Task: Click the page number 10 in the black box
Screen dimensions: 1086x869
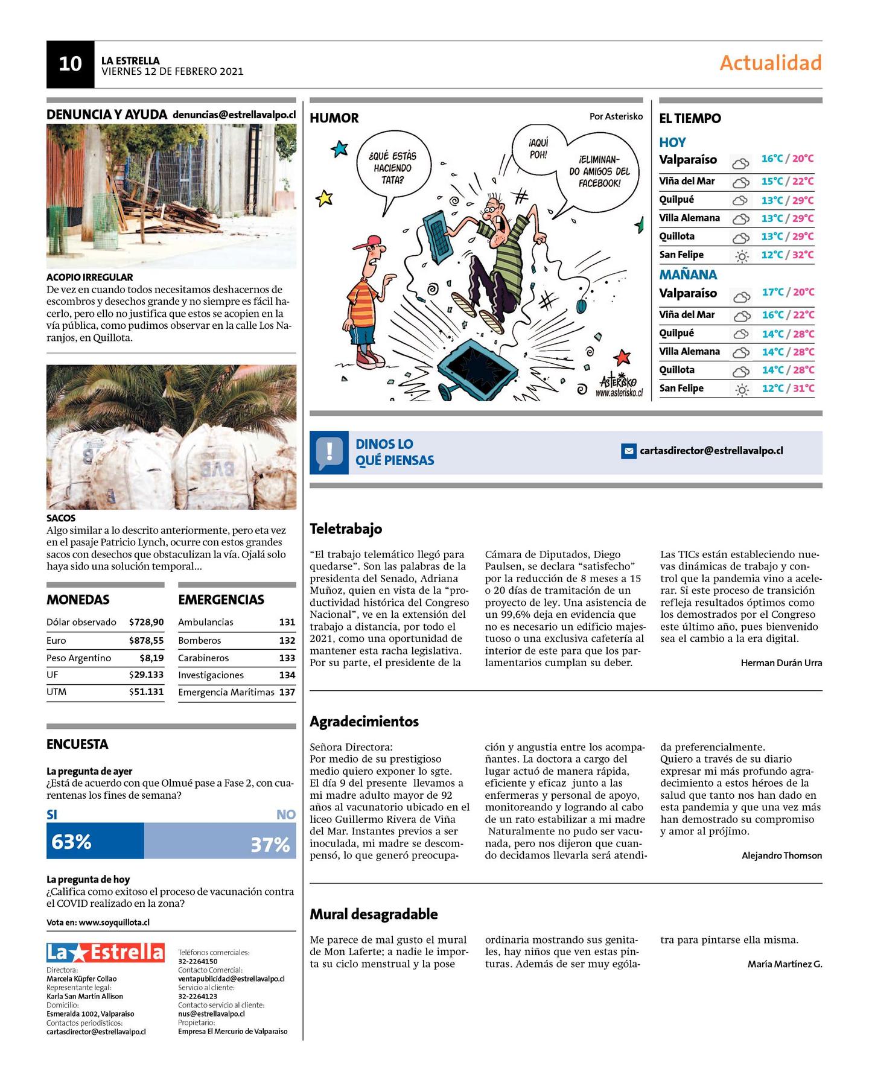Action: tap(70, 64)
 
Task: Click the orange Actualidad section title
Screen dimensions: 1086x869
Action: tap(770, 63)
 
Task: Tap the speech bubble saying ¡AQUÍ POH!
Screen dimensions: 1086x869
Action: tap(538, 148)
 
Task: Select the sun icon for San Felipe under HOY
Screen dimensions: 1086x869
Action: tap(742, 256)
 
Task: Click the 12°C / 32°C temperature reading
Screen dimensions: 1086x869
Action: tap(787, 255)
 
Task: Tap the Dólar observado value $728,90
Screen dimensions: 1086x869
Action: tap(146, 622)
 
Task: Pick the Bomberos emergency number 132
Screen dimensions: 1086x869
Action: tap(287, 640)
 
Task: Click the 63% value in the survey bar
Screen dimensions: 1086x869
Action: tap(72, 842)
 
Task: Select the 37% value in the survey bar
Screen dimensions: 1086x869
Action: tap(270, 844)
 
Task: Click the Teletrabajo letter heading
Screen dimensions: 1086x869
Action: tap(346, 529)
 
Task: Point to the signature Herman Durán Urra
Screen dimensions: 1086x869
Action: tap(781, 662)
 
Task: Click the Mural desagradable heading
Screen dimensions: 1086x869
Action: tap(374, 914)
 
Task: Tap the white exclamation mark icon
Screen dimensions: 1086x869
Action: tap(329, 451)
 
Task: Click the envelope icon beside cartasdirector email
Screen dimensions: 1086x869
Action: tap(629, 451)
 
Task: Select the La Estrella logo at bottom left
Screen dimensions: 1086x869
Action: tap(105, 953)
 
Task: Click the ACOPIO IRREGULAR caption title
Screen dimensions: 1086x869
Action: tap(89, 278)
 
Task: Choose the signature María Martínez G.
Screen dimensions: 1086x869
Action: tap(785, 964)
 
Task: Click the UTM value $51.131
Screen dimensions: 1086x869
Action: tap(146, 692)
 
